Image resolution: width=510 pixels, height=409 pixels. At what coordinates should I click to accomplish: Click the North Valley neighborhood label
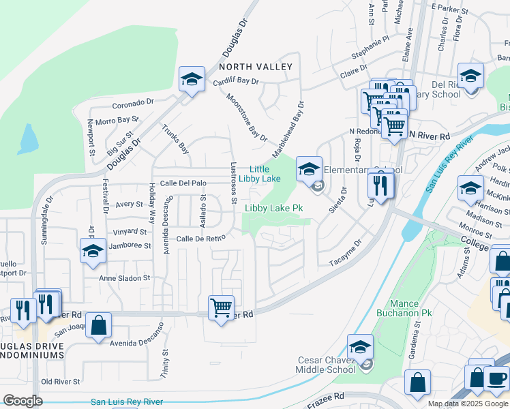256,67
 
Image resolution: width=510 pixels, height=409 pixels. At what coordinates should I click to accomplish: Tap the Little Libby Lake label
265,174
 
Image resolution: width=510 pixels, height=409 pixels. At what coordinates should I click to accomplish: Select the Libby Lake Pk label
273,208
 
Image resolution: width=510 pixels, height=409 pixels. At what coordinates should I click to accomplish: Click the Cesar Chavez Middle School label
326,365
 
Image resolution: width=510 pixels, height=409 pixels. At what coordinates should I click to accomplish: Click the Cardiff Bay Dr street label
236,81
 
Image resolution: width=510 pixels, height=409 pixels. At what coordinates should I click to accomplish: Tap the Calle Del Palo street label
183,183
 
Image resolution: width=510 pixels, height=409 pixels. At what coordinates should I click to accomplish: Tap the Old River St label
61,382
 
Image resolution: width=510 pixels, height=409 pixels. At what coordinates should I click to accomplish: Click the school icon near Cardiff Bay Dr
192,79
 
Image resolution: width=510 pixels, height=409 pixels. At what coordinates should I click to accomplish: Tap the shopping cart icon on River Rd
221,308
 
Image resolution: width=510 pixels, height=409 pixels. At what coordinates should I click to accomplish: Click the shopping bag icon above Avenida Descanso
99,326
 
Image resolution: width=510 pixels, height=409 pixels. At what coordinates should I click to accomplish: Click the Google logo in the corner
22,401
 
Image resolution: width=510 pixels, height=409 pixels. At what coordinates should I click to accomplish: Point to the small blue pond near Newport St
29,140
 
